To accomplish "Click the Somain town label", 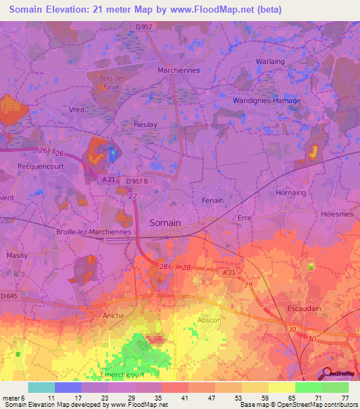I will [165, 223].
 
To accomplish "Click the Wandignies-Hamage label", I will [266, 100].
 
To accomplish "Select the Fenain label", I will [212, 200].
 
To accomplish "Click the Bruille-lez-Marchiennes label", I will [93, 231].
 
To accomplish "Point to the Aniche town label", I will [113, 316].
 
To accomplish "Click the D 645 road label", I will [9, 297].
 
